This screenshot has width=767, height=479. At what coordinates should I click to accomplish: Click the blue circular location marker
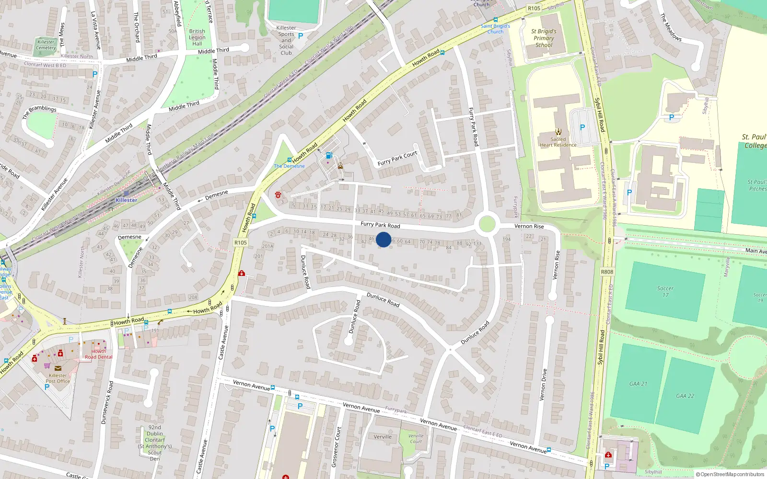[383, 239]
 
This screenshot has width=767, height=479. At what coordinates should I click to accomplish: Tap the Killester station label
[127, 200]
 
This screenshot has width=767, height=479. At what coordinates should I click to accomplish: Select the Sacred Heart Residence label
[558, 142]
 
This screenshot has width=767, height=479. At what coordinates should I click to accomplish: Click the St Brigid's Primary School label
[544, 38]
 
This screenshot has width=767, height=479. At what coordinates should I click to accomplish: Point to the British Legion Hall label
[197, 37]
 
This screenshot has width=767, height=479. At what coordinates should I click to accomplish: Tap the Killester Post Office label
[58, 378]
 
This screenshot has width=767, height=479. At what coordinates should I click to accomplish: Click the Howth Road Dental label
[99, 354]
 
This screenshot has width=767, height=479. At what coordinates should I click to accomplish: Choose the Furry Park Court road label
[397, 158]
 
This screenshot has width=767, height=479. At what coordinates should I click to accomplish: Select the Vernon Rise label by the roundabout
[529, 226]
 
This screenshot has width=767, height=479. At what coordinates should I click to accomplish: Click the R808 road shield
[607, 272]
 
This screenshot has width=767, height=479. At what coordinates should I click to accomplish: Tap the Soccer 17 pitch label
[665, 292]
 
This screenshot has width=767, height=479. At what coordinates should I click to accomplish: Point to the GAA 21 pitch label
[638, 384]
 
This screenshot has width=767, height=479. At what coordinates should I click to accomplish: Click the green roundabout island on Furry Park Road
[487, 224]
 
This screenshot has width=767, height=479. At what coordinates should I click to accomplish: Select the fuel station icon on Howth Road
[329, 155]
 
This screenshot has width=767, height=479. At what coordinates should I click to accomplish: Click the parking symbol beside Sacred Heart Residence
[582, 127]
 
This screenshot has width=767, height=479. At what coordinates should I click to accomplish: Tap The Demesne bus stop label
[289, 166]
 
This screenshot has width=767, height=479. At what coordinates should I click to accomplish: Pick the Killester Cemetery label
[46, 45]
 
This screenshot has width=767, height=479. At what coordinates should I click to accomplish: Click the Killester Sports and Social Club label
[286, 40]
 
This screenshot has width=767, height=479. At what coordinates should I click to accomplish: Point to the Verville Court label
[416, 438]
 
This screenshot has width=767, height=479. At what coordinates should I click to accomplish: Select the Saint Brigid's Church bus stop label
[495, 29]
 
